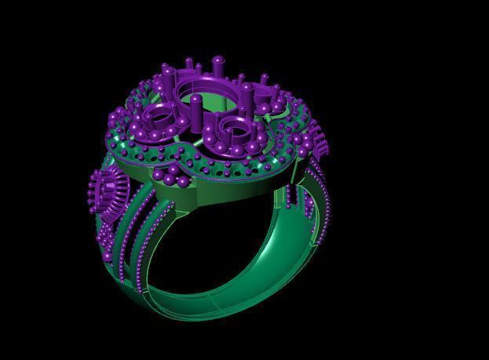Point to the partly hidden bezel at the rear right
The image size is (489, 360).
click(267, 97)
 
